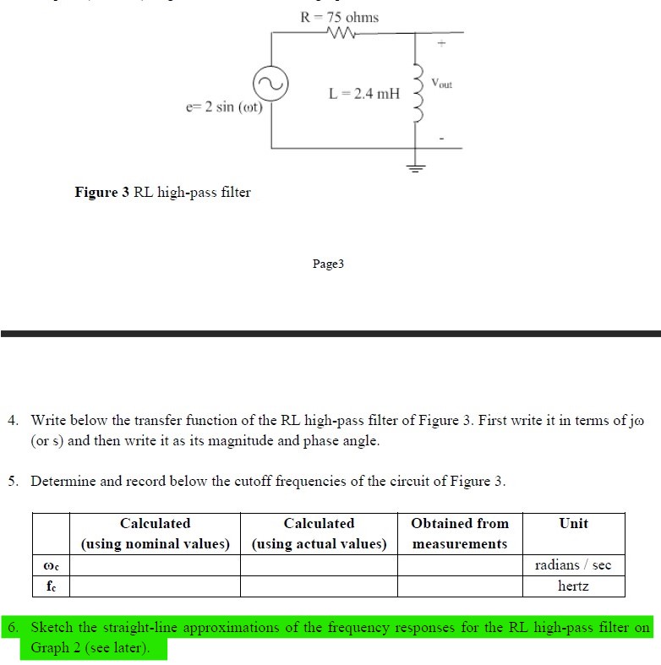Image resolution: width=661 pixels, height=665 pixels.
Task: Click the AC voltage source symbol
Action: (271, 84)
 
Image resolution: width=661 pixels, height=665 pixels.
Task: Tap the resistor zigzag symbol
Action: (340, 35)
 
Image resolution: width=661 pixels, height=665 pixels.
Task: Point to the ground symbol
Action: (414, 166)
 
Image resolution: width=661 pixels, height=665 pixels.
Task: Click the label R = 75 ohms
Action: (340, 17)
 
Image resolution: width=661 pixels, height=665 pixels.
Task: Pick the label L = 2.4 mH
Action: (364, 93)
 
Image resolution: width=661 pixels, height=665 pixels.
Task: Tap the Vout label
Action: (441, 84)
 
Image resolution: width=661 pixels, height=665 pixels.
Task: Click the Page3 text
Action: (329, 264)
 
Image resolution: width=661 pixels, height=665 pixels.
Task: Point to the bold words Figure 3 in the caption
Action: (102, 193)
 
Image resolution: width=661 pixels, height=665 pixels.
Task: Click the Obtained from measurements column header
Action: (460, 533)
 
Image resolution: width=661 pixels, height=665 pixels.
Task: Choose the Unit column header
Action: (573, 524)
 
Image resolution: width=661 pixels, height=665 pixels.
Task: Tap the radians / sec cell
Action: (573, 564)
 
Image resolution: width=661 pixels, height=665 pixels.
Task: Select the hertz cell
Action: (573, 586)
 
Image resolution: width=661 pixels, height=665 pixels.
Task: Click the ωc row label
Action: (51, 564)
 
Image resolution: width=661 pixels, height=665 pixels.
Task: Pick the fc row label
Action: (51, 586)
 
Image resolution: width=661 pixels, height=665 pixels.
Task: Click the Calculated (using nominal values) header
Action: (156, 533)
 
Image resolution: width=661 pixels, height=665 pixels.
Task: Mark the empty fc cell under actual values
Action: (319, 586)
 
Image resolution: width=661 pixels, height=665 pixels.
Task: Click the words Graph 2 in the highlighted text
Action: (56, 648)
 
